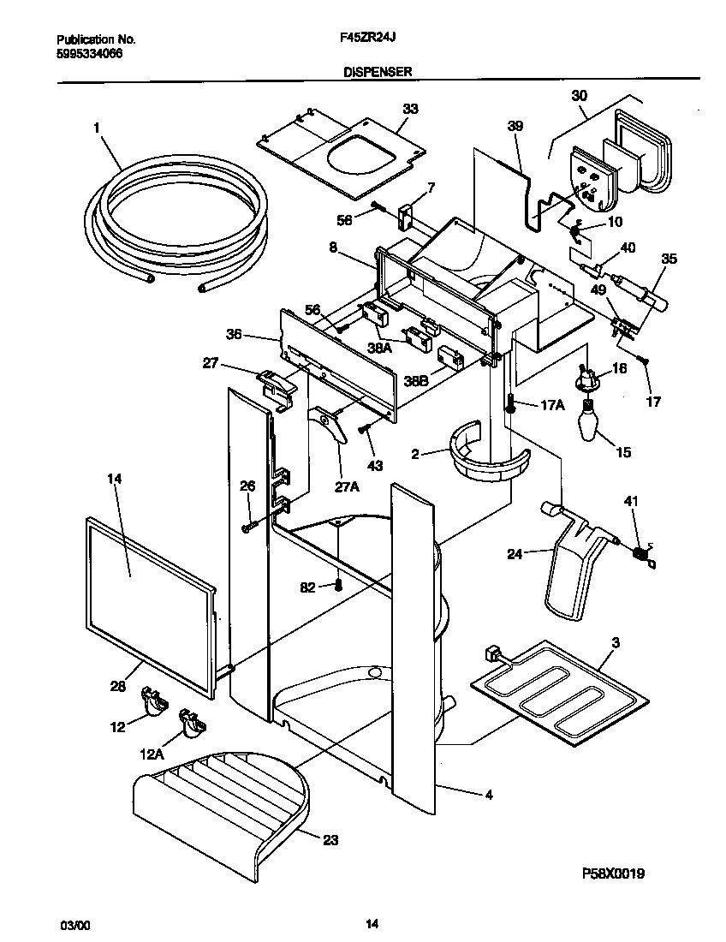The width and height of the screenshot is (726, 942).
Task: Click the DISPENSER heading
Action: tap(378, 74)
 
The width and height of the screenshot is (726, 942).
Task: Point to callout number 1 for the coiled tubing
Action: tap(97, 128)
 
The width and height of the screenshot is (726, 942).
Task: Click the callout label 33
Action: tap(410, 109)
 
